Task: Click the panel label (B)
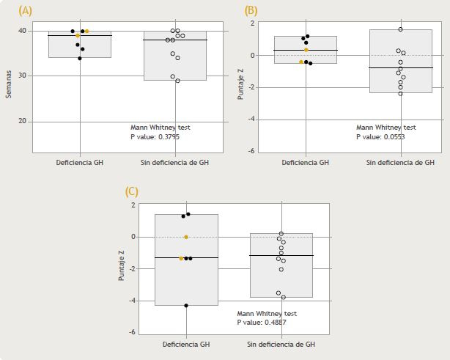click(x=251, y=11)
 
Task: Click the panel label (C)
click(x=132, y=191)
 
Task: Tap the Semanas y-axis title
click(x=9, y=76)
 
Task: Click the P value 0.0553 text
click(x=380, y=136)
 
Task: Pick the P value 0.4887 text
click(x=261, y=321)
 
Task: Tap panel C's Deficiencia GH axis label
click(x=186, y=344)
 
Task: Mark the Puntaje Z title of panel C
click(x=123, y=268)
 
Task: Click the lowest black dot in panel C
click(x=186, y=305)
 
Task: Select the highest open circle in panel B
click(x=400, y=29)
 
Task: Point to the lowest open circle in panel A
click(x=177, y=81)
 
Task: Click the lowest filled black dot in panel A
click(x=80, y=59)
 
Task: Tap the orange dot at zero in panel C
click(x=186, y=237)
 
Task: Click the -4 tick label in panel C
click(x=133, y=301)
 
